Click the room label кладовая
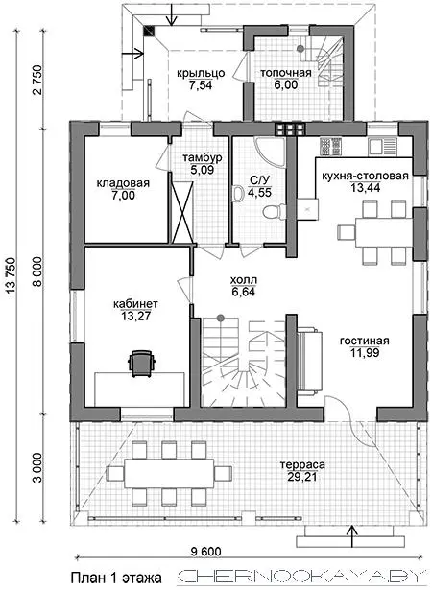point(123,183)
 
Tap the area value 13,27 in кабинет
point(135,316)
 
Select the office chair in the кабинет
point(142,364)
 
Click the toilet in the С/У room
point(272,213)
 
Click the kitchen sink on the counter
point(382,146)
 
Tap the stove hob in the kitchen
point(330,146)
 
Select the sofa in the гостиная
point(309,362)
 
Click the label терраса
point(302,464)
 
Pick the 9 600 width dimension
point(206,552)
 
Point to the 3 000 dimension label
point(38,467)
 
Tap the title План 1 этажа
point(116,578)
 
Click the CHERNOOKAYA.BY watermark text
point(300,577)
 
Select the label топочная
point(286,73)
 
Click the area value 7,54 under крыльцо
point(202,85)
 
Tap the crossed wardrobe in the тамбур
point(182,212)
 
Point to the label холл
point(244,280)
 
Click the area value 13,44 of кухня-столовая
point(366,187)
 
